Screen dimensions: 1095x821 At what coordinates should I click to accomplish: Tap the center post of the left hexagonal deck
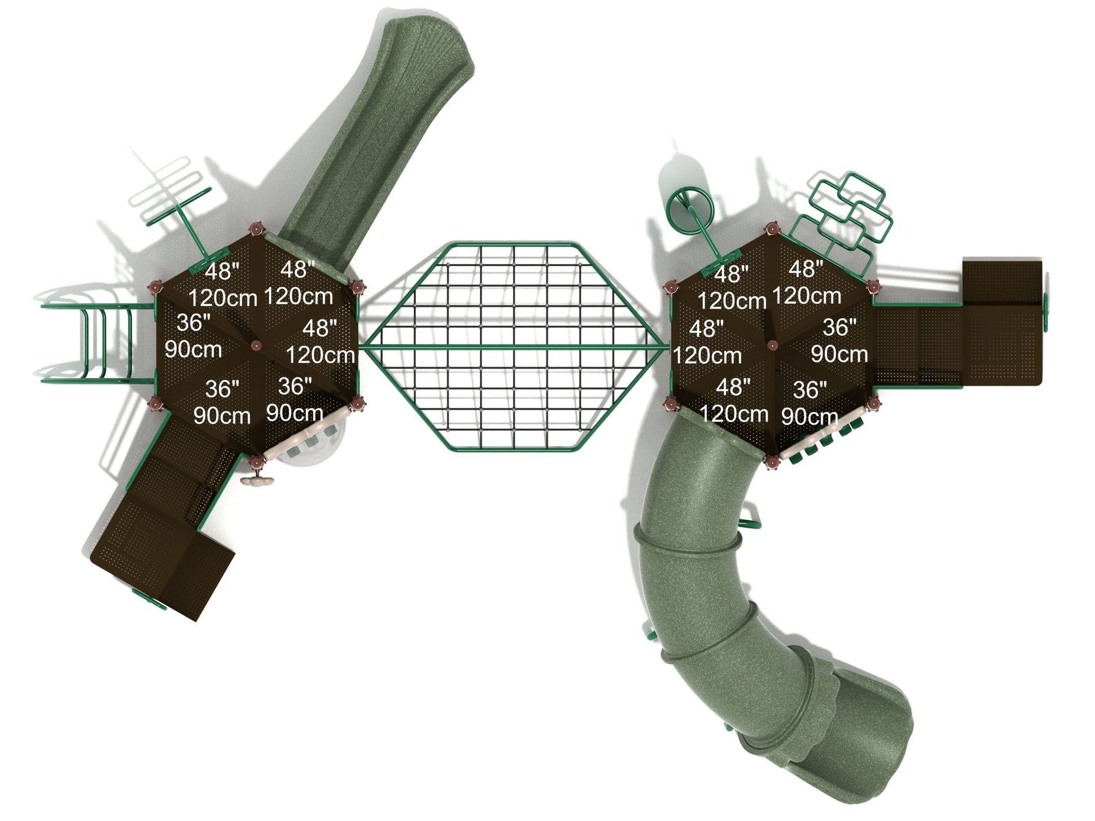coord(257,345)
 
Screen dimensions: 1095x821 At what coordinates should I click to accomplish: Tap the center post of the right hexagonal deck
coord(772,345)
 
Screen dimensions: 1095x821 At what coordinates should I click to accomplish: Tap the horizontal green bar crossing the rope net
coord(515,346)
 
